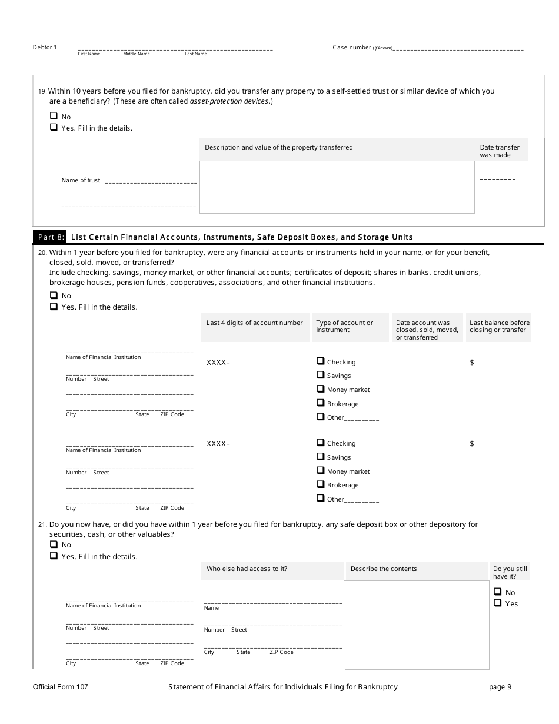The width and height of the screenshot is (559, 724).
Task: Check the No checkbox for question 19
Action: (54, 117)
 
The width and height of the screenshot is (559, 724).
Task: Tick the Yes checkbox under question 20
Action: (54, 307)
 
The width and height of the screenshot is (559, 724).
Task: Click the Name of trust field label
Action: (81, 181)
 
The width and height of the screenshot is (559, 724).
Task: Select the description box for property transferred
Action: (337, 187)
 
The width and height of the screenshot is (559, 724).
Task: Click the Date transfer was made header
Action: (500, 151)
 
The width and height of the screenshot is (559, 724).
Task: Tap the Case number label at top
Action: (352, 48)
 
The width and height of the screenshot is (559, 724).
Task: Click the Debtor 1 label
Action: (45, 48)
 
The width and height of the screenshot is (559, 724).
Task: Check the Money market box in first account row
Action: (321, 389)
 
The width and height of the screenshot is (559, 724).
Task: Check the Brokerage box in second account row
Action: (321, 484)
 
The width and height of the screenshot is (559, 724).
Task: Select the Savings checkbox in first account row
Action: (321, 375)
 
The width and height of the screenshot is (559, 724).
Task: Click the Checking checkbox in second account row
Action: (321, 443)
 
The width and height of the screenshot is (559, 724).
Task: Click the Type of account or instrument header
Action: (344, 326)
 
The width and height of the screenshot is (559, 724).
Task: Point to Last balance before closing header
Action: (500, 326)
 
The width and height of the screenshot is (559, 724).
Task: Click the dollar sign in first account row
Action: (472, 363)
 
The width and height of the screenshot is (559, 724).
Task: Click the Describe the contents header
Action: (384, 569)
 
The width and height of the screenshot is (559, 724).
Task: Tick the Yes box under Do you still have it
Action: (497, 603)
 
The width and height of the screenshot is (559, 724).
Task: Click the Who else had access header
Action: (247, 569)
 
